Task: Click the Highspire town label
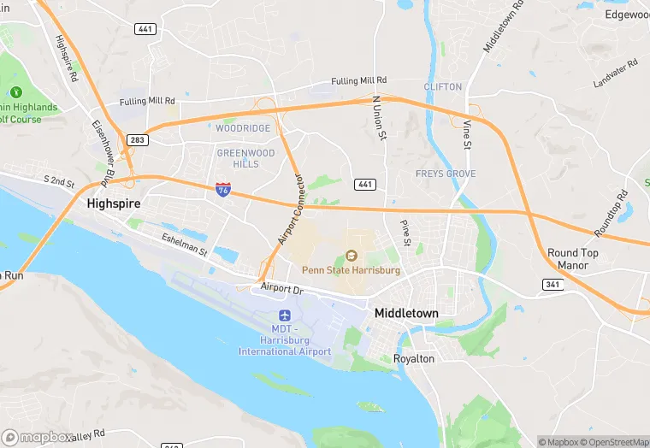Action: pos(114,204)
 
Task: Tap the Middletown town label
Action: pos(406,314)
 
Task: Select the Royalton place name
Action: pos(414,358)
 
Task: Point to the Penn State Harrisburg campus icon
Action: pos(351,255)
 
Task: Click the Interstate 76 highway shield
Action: pos(222,190)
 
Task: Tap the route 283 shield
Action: pos(136,139)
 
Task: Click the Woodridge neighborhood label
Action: pos(242,128)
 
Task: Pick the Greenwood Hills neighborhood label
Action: pos(245,158)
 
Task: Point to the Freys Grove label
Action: pos(445,174)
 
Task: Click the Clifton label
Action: pos(442,87)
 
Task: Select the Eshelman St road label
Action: pos(185,246)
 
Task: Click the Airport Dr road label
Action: pos(282,290)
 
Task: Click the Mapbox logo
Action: pos(37,437)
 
